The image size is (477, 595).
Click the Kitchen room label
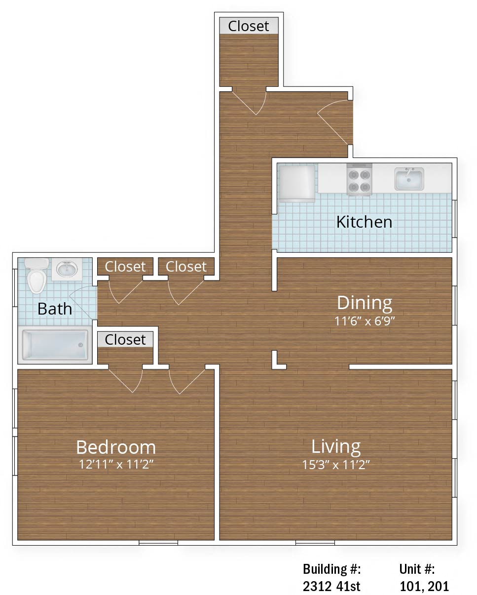(x=364, y=222)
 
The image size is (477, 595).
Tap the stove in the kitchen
(x=359, y=179)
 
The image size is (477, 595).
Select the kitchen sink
(x=409, y=179)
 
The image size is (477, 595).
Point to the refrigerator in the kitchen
(x=297, y=183)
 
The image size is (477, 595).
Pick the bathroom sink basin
(x=67, y=269)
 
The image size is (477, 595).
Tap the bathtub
(x=55, y=345)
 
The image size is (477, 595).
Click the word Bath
(x=55, y=309)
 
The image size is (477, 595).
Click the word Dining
(x=365, y=303)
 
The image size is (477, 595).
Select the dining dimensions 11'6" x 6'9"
(x=365, y=321)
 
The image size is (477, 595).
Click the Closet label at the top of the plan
(x=249, y=26)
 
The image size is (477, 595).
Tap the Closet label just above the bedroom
(x=125, y=340)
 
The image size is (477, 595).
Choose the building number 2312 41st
(x=331, y=586)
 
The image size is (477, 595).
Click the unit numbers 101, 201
(x=424, y=586)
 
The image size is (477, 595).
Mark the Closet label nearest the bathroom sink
(x=125, y=267)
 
